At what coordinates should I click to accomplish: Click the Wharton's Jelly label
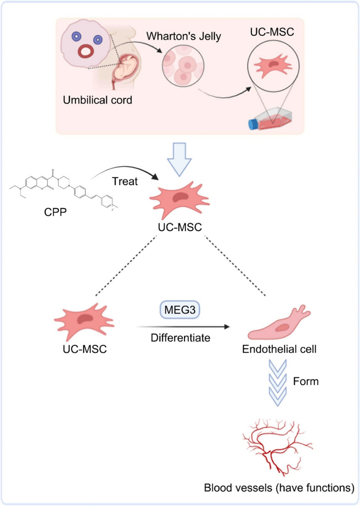coord(184,36)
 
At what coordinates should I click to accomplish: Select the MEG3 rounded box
coord(180,310)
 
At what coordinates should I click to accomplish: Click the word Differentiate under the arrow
coord(180,338)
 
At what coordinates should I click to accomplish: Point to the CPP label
coord(56,212)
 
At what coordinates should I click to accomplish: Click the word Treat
coord(125,181)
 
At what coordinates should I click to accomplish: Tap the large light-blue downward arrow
coord(180,159)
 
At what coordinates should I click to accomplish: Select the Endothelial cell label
coord(279,349)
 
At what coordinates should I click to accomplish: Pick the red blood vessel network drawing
coord(277,446)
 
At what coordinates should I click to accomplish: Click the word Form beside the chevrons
coord(306,382)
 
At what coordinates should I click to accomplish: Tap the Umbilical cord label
coord(97,100)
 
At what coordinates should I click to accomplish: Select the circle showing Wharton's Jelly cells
coord(183,66)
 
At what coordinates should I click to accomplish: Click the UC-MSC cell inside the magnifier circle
coord(273,66)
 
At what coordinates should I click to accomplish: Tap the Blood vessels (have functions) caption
coord(279,488)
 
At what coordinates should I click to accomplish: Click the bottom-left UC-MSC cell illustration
coord(84,322)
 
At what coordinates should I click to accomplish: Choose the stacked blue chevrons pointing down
coord(277,383)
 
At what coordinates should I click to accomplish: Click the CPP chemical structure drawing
coord(63,188)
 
